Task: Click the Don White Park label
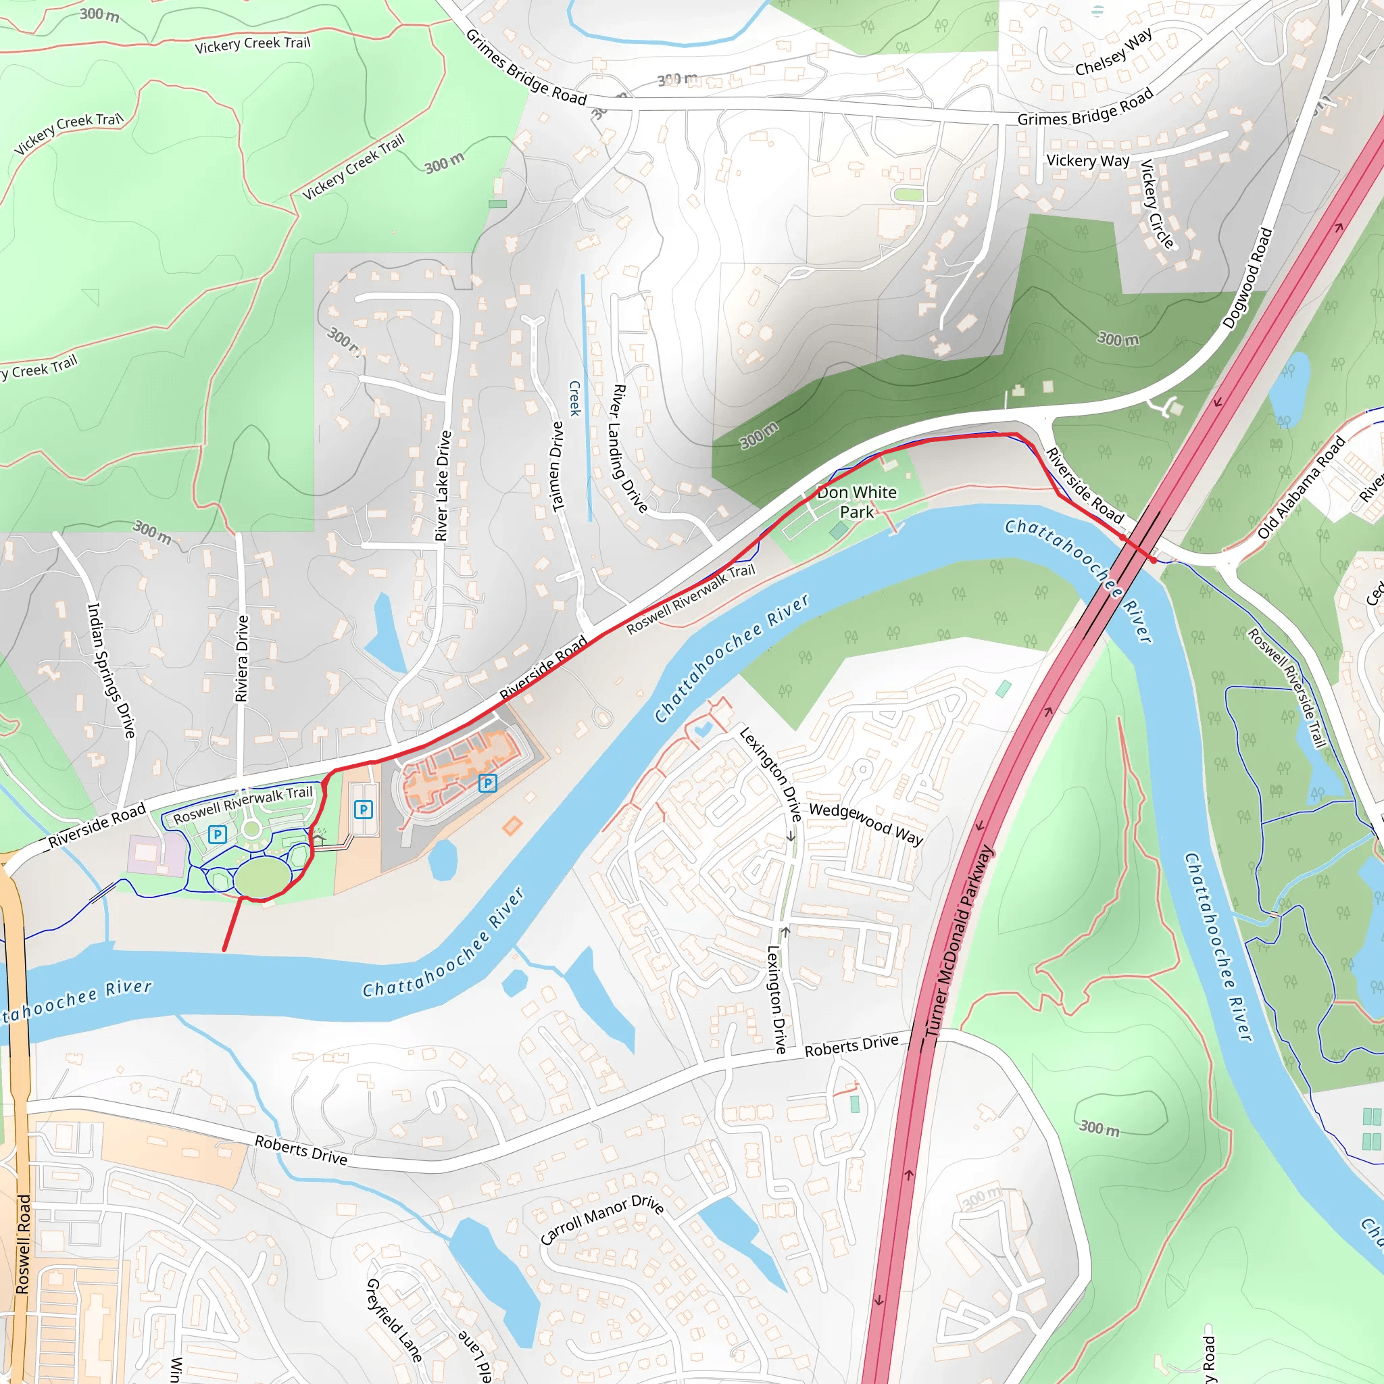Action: [857, 501]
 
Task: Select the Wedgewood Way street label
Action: [866, 823]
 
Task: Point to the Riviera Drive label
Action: [242, 658]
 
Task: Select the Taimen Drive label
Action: [558, 466]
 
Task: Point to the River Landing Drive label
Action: [628, 449]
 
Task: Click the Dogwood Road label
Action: [1247, 278]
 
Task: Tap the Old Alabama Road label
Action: [1301, 488]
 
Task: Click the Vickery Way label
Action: [1087, 160]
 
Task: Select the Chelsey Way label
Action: [1113, 51]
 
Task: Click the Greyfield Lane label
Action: [394, 1320]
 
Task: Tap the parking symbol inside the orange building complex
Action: [487, 783]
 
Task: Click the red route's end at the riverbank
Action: [224, 951]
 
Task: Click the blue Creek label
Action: [574, 398]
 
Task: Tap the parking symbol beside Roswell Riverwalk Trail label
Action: [217, 834]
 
